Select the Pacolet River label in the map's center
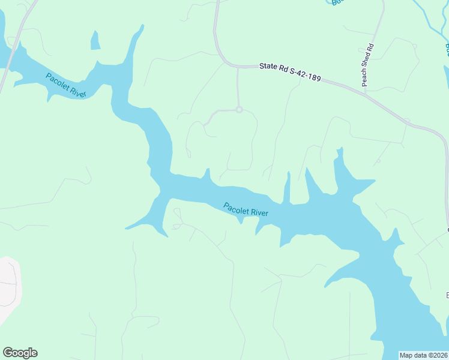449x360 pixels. click(x=246, y=209)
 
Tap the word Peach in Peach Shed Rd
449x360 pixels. click(x=365, y=79)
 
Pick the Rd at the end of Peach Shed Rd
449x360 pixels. click(x=370, y=47)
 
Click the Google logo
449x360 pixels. click(x=20, y=353)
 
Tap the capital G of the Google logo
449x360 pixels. click(x=8, y=353)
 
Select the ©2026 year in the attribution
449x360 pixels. click(x=438, y=355)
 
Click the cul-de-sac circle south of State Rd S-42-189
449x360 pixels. click(x=239, y=110)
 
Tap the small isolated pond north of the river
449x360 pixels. click(x=95, y=40)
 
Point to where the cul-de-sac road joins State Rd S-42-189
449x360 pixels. click(x=238, y=67)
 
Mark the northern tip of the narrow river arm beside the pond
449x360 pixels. click(x=142, y=26)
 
